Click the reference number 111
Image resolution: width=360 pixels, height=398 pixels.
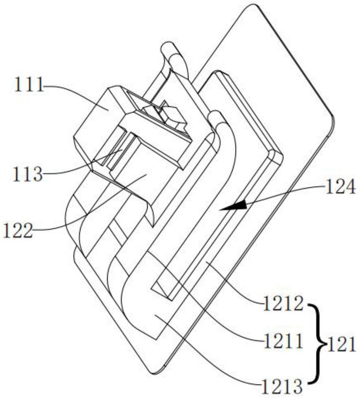[28, 86]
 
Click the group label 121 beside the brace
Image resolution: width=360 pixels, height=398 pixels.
[341, 345]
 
